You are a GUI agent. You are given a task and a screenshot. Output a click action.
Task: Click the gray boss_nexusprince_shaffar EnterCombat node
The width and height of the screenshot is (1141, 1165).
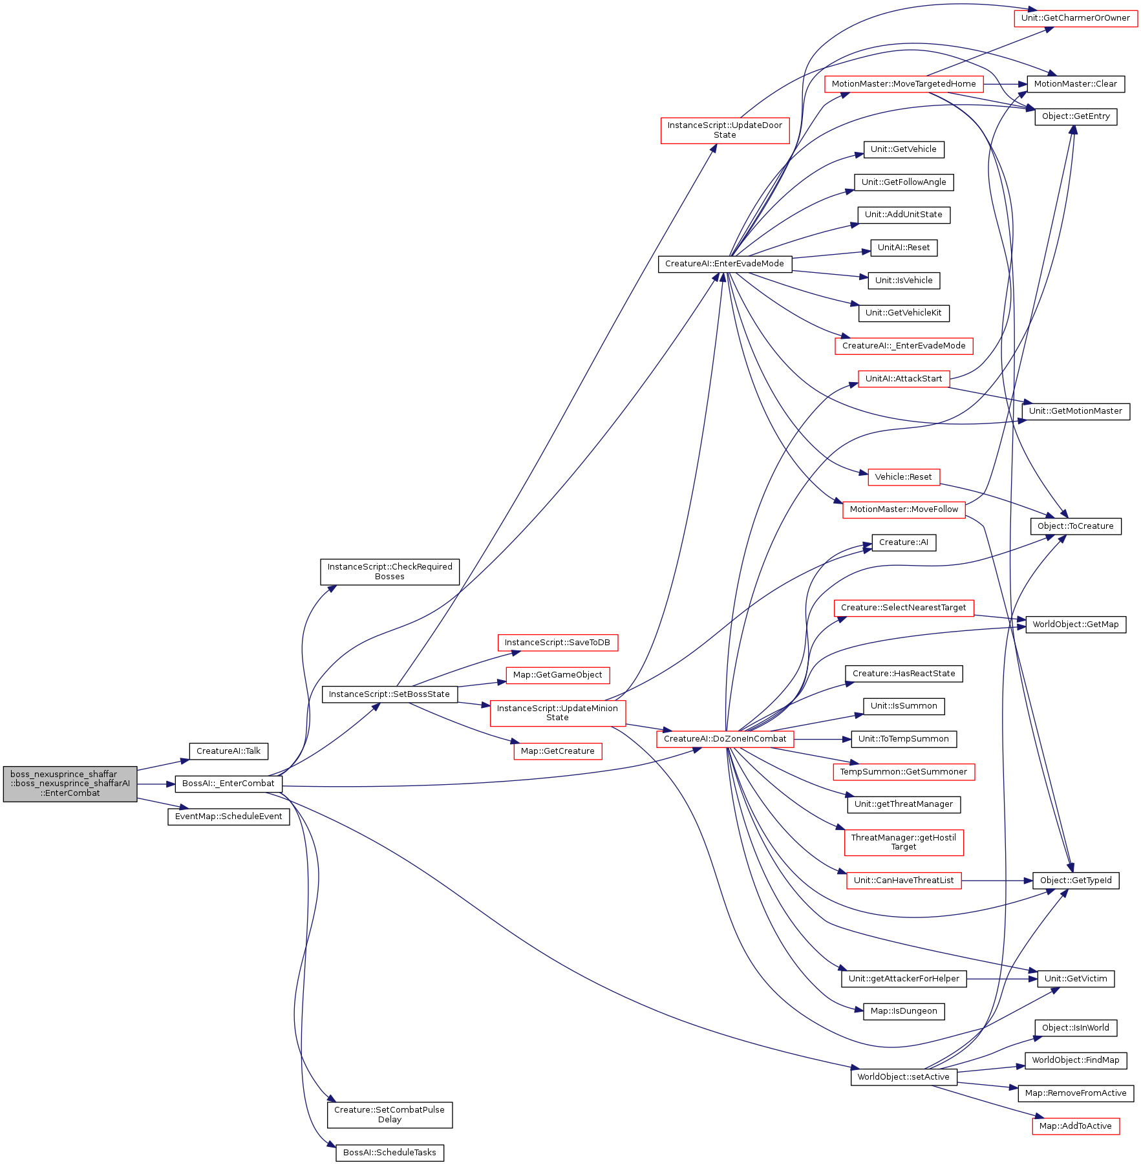click(x=70, y=784)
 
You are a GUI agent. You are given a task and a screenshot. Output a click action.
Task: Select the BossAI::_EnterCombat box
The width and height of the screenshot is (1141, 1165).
click(x=228, y=784)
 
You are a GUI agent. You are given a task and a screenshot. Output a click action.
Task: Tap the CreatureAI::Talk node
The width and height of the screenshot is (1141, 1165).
click(x=228, y=751)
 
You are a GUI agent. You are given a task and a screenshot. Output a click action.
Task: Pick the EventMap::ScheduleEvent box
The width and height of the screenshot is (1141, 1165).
click(x=228, y=817)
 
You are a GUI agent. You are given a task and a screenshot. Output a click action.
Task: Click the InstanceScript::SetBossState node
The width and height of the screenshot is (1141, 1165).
click(x=389, y=694)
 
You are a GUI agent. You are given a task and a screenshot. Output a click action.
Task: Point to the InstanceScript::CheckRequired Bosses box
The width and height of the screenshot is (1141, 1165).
click(x=390, y=572)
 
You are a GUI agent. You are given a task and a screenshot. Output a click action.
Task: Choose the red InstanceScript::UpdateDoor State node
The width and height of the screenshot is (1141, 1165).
click(x=725, y=130)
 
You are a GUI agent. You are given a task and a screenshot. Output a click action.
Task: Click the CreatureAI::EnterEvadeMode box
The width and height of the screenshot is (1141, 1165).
click(x=725, y=264)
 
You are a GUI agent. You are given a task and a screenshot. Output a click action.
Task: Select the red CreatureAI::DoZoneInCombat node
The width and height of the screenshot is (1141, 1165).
click(x=725, y=739)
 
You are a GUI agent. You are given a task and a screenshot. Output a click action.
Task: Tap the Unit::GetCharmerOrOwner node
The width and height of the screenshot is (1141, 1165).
click(x=1076, y=18)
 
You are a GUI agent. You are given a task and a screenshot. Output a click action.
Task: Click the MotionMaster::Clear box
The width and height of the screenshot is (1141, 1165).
click(x=1076, y=84)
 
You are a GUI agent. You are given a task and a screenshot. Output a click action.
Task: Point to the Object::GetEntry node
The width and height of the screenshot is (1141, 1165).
click(x=1076, y=116)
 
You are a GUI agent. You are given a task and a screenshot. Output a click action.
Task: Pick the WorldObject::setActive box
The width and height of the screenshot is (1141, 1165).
click(x=904, y=1077)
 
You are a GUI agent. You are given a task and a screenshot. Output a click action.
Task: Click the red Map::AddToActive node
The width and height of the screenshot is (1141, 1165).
click(x=1076, y=1126)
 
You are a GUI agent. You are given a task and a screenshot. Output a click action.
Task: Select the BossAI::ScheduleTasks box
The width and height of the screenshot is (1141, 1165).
click(x=390, y=1153)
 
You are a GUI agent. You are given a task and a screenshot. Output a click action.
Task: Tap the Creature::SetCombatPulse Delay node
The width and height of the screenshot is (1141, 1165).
click(x=390, y=1115)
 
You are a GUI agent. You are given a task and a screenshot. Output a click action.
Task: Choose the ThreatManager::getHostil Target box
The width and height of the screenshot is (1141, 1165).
click(x=904, y=842)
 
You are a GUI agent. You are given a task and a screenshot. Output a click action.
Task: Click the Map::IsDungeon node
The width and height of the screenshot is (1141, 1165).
click(x=904, y=1011)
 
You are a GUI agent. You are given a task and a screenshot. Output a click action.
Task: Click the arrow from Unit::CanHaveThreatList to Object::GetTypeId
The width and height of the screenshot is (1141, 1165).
click(x=997, y=881)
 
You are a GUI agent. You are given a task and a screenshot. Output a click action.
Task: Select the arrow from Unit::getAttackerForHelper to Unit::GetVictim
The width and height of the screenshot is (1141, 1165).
click(x=1002, y=979)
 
